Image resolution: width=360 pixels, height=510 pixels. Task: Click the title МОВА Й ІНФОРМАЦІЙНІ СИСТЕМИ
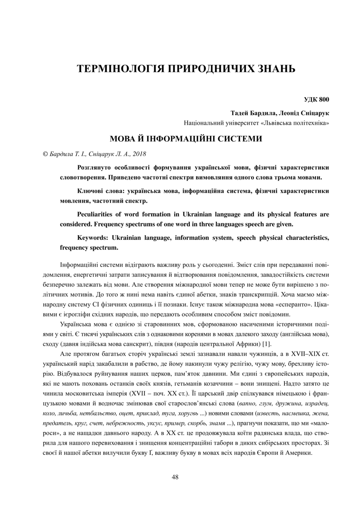[x=185, y=139]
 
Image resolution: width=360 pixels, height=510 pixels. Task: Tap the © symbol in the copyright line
[x=45, y=154]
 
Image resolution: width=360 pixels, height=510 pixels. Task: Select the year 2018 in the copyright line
[x=138, y=154]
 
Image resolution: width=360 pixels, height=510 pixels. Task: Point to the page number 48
[x=175, y=477]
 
